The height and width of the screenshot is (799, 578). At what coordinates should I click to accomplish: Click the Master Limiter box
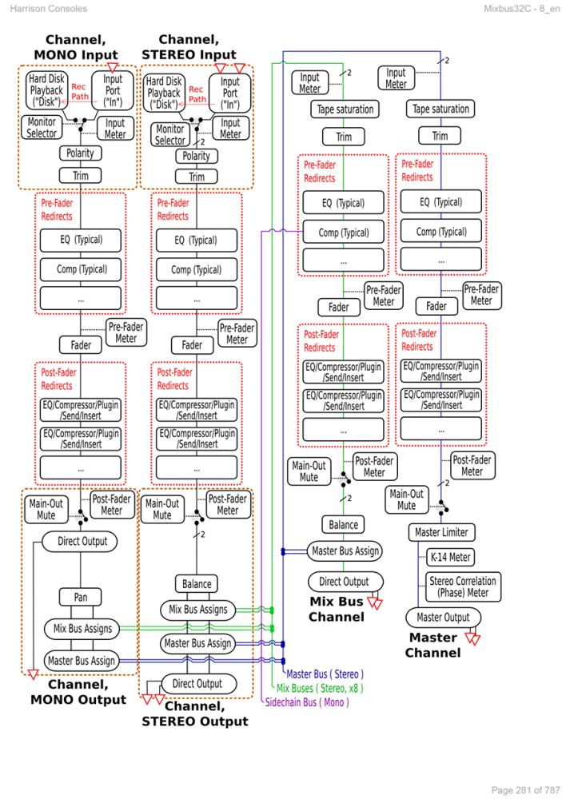(442, 532)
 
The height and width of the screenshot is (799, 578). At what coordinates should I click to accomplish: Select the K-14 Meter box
(449, 558)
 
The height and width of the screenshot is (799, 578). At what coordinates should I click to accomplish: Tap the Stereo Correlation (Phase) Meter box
(463, 586)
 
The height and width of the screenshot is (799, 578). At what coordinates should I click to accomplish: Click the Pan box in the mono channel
(81, 598)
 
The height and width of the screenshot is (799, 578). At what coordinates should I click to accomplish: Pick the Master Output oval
(444, 618)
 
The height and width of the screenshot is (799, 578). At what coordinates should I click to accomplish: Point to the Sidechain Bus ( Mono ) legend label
(307, 702)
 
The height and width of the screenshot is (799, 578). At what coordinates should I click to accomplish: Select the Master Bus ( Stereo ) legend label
(325, 674)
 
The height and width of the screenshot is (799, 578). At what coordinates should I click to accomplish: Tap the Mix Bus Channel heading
(337, 609)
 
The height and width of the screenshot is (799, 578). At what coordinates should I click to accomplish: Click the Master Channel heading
(433, 645)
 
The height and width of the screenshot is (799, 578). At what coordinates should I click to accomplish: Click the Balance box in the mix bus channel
(343, 525)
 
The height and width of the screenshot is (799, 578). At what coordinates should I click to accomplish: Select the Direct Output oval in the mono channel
(82, 542)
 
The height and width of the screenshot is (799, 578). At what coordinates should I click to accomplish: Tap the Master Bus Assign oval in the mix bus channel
(345, 551)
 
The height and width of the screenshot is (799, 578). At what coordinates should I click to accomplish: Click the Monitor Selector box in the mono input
(42, 128)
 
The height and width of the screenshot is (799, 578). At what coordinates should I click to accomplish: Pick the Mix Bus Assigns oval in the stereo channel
(197, 610)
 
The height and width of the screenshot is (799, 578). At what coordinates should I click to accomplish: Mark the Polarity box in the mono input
(80, 153)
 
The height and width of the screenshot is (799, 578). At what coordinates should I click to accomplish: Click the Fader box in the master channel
(436, 306)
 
